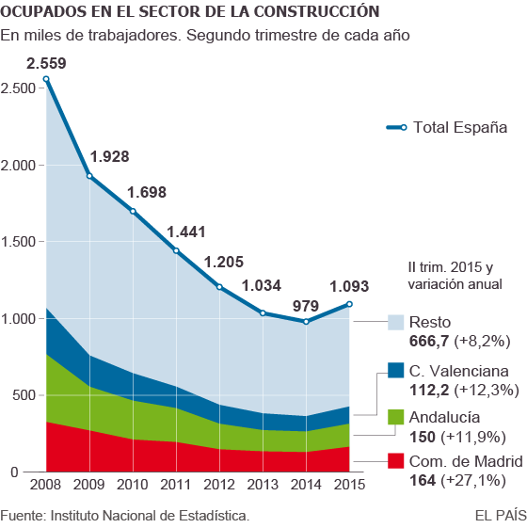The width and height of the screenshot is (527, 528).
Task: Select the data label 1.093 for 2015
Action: pyautogui.click(x=349, y=287)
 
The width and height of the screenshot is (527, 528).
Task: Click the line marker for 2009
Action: pyautogui.click(x=89, y=176)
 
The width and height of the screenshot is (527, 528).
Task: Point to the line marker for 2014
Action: pyautogui.click(x=306, y=322)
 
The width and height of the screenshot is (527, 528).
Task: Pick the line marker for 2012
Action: pyautogui.click(x=219, y=287)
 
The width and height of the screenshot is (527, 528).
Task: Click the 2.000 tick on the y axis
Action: pyautogui.click(x=20, y=165)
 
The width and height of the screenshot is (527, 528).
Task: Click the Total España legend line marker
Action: pyautogui.click(x=403, y=127)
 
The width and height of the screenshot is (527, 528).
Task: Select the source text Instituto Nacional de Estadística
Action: pyautogui.click(x=150, y=516)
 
